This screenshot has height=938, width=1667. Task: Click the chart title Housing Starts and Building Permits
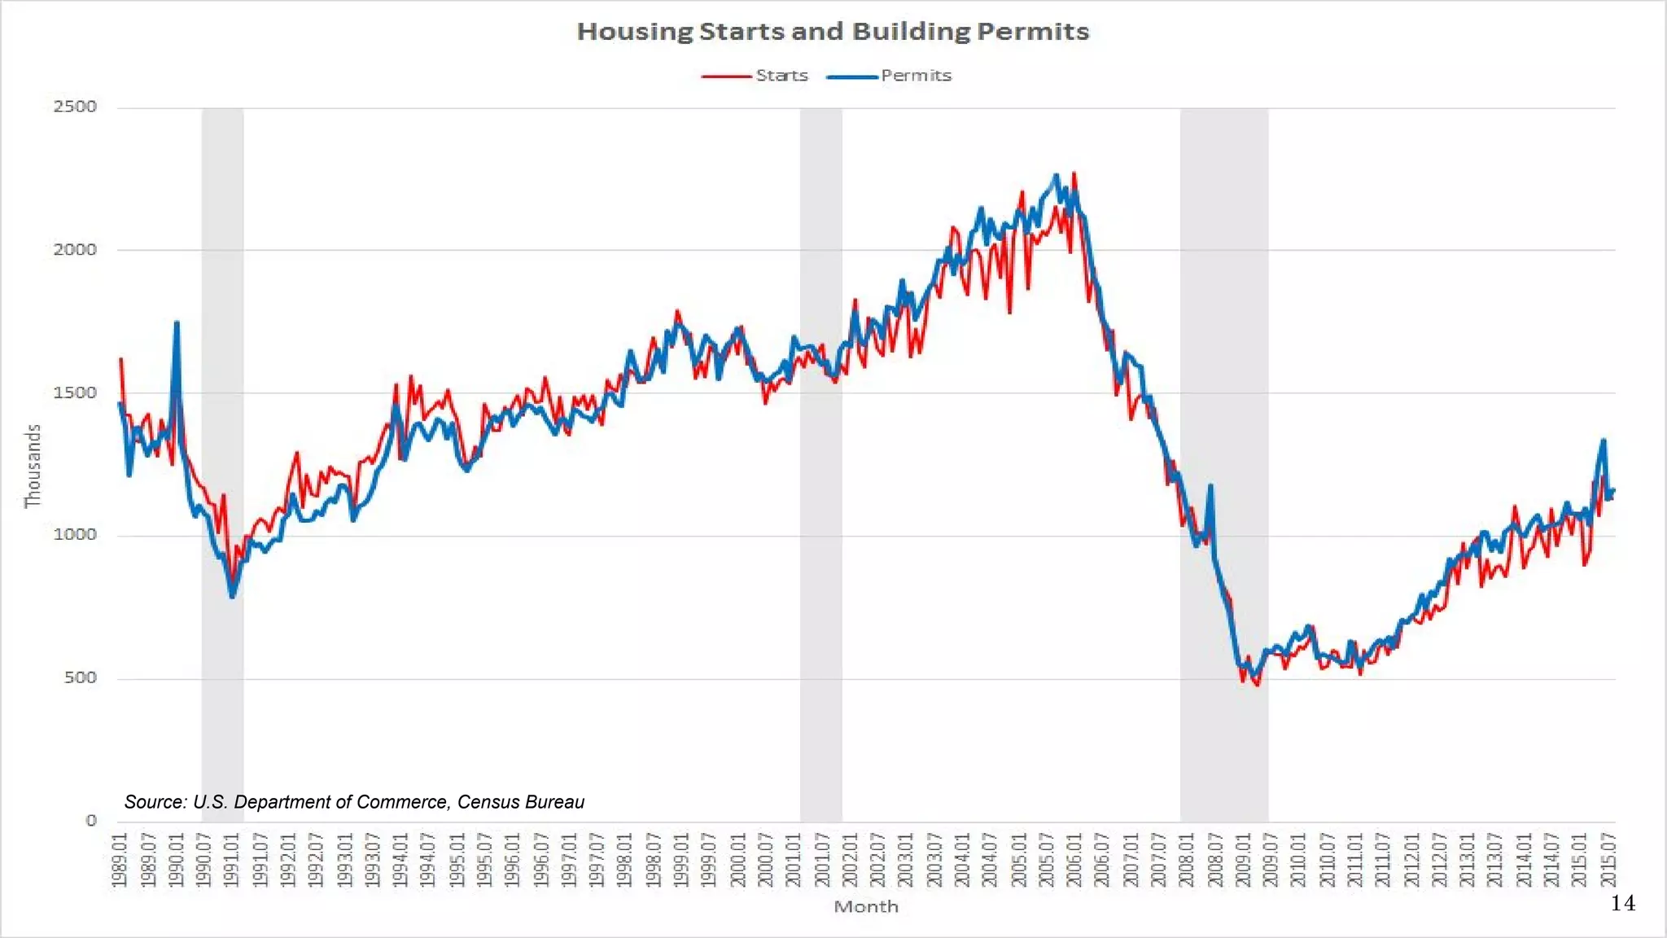833,31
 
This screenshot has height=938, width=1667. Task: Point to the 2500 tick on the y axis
75,107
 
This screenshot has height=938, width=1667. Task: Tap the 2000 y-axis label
75,250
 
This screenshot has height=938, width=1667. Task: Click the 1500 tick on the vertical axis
75,392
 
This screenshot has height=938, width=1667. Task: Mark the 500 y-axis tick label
80,677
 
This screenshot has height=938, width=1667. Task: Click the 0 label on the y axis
91,820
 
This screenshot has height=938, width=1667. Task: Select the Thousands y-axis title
33,466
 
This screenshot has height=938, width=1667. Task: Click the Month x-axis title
865,906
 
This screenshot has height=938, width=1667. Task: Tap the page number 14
1622,903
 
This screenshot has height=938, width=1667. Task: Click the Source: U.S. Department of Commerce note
354,802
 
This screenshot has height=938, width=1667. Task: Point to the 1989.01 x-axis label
120,859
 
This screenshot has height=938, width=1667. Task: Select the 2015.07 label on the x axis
1608,859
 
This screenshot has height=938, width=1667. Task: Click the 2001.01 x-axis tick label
793,859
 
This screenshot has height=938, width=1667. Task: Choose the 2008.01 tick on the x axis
1186,859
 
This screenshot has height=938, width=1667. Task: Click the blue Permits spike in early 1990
177,323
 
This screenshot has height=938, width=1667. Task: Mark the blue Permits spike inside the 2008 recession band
1210,486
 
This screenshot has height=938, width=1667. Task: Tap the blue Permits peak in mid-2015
1604,441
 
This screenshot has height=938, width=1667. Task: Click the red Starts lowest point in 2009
1258,685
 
